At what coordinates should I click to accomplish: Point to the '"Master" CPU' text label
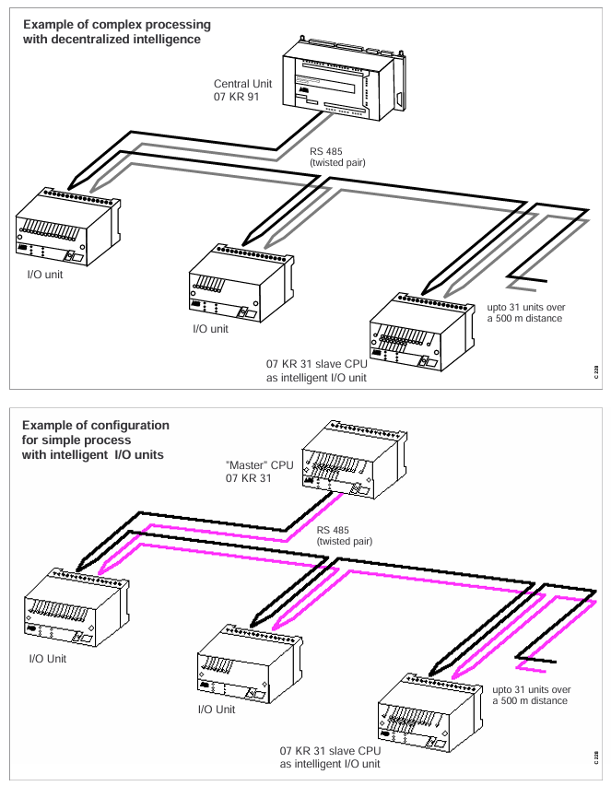click(x=259, y=464)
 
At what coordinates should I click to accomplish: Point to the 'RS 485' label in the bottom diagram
click(x=336, y=531)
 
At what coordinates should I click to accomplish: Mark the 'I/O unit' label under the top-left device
click(x=35, y=276)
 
